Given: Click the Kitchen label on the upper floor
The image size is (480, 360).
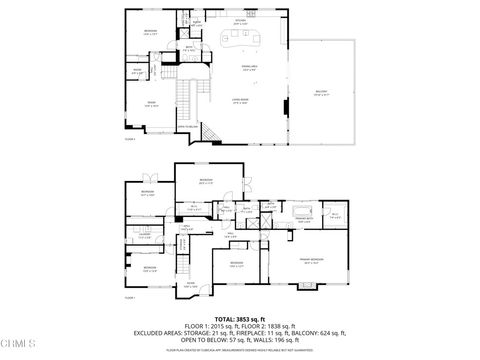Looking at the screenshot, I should (x=240, y=20).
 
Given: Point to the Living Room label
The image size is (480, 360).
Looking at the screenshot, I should (x=240, y=99).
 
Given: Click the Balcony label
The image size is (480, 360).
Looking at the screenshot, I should (x=321, y=92).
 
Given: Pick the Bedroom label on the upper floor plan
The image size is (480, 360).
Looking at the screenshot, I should (x=150, y=32).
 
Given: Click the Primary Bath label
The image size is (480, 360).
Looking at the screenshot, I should (x=303, y=217).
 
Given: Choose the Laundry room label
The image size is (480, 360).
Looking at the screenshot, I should (x=145, y=236).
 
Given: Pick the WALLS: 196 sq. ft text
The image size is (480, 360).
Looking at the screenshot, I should (x=281, y=339).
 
